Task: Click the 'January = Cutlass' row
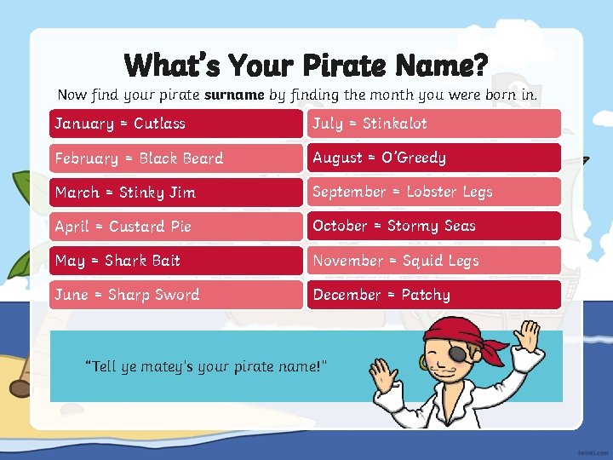(176, 124)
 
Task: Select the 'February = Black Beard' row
(176, 158)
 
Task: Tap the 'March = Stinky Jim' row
(176, 192)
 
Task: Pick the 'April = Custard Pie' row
(176, 226)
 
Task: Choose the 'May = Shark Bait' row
(176, 260)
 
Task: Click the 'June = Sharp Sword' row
(176, 294)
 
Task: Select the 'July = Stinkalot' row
(434, 124)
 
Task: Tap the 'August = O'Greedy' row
(434, 158)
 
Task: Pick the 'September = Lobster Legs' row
(434, 192)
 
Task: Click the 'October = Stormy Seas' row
(434, 226)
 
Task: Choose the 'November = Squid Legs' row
(434, 260)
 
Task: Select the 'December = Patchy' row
(434, 294)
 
